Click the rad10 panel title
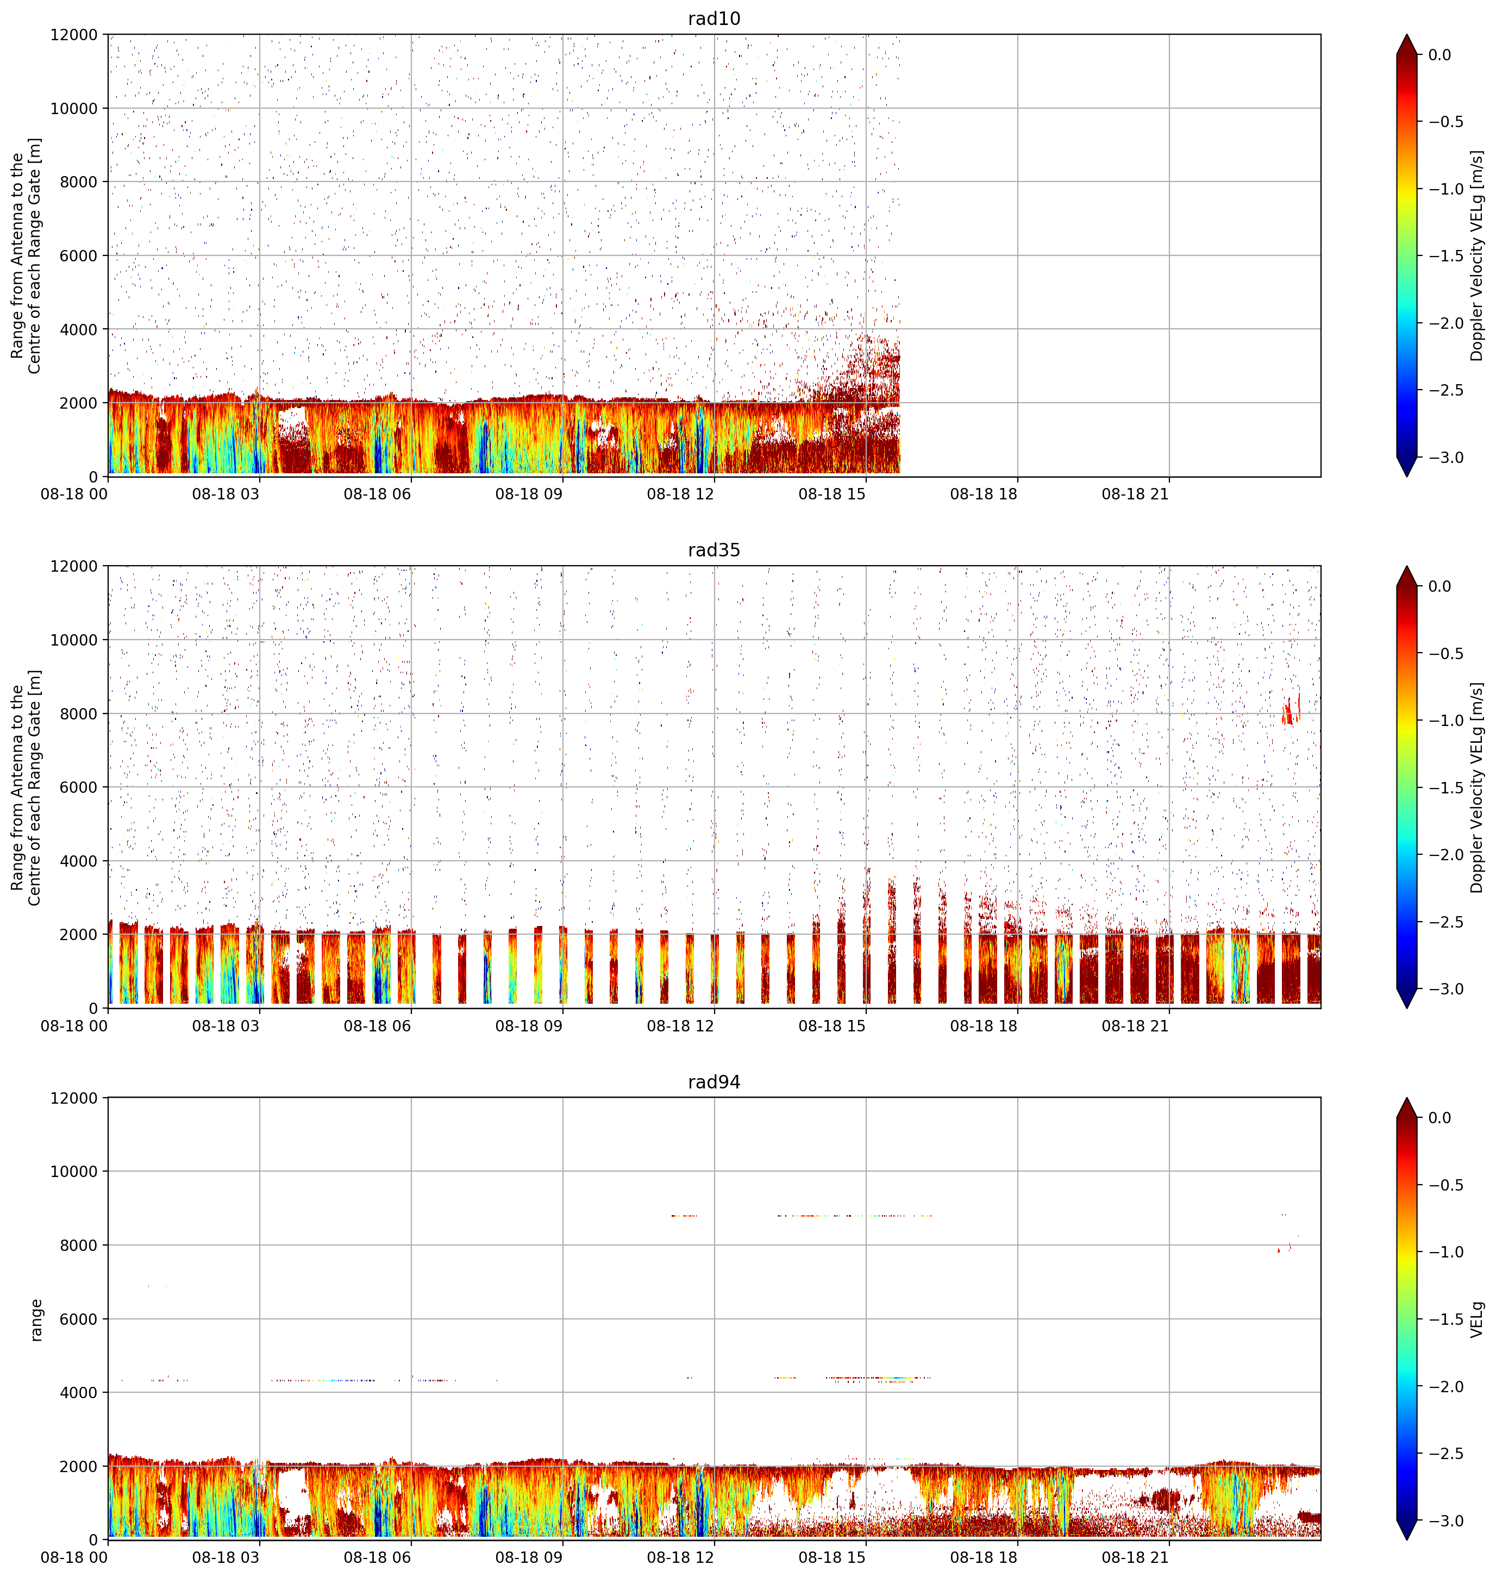click(713, 18)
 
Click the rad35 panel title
click(713, 550)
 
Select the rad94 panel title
click(713, 1082)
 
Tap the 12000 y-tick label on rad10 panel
click(74, 35)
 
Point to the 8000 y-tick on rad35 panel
click(78, 714)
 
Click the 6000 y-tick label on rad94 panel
click(78, 1319)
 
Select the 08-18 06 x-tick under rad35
click(377, 1026)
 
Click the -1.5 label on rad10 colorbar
click(1445, 256)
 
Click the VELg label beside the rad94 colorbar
click(1477, 1319)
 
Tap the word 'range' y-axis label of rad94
click(36, 1319)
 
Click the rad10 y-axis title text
click(26, 256)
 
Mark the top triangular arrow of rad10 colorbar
click(1407, 45)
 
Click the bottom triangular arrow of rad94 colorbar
click(1407, 1529)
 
